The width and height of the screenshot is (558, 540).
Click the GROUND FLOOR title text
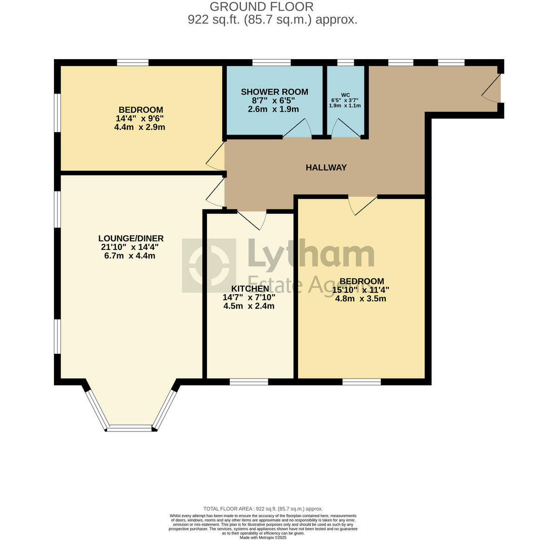tap(261, 7)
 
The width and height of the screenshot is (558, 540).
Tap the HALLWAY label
tap(326, 168)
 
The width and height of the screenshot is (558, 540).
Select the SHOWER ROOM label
tap(274, 92)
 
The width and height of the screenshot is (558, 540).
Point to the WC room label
tap(345, 94)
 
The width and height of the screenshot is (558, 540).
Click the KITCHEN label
tap(250, 289)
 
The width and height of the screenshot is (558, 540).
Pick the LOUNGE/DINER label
tap(132, 238)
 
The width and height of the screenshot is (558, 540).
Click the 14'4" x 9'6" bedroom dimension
tap(140, 118)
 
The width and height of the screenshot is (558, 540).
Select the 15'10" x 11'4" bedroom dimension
tap(361, 290)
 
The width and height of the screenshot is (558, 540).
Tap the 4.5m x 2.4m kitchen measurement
tap(249, 306)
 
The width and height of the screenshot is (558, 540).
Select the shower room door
tap(298, 129)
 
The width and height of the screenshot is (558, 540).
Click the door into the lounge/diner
tap(215, 195)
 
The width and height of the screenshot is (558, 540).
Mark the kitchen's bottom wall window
tap(249, 382)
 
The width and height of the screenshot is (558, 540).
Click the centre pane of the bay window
tap(131, 426)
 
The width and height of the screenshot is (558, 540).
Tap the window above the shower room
tap(272, 62)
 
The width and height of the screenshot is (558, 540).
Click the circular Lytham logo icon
tap(209, 265)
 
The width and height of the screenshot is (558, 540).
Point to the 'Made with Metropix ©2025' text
tap(263, 538)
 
